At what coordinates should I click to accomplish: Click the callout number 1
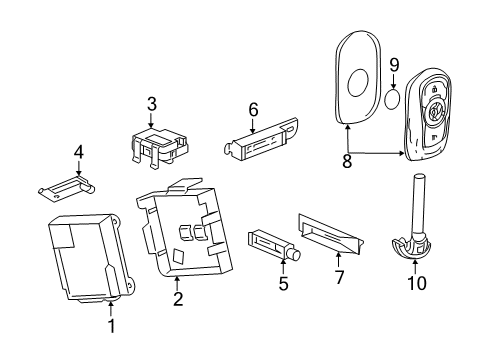pyautogui.click(x=112, y=326)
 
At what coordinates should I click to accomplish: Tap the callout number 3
pyautogui.click(x=152, y=104)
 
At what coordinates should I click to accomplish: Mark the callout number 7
pyautogui.click(x=339, y=277)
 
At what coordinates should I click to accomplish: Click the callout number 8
pyautogui.click(x=347, y=160)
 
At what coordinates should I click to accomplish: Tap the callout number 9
pyautogui.click(x=393, y=66)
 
